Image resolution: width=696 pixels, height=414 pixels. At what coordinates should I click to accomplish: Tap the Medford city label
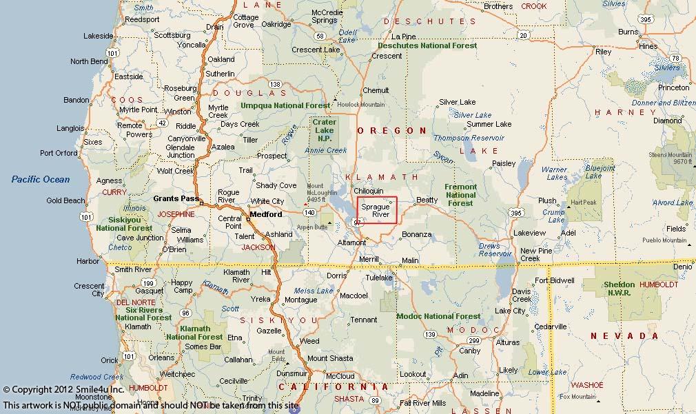tap(265, 214)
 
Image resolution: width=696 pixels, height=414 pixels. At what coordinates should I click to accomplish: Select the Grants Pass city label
tap(176, 198)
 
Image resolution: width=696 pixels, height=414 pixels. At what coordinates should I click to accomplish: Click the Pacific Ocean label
tap(40, 180)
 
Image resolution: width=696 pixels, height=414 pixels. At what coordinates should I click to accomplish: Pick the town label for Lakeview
tap(529, 233)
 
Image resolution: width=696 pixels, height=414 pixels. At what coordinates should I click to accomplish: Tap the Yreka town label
tap(260, 299)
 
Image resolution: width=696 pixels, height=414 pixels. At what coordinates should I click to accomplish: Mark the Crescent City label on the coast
tap(89, 290)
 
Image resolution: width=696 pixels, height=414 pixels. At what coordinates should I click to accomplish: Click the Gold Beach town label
tap(65, 201)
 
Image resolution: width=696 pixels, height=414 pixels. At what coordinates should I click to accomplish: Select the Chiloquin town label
tap(368, 191)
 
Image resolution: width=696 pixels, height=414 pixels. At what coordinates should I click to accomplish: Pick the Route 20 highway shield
tap(523, 35)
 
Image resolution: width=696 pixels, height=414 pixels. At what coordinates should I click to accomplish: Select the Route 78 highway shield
tap(675, 59)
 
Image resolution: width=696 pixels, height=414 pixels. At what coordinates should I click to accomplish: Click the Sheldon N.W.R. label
tap(620, 288)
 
